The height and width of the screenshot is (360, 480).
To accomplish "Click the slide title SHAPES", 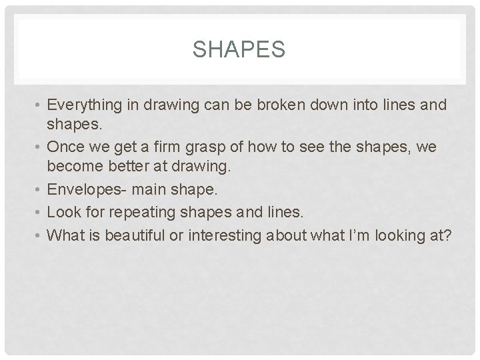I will pyautogui.click(x=238, y=49).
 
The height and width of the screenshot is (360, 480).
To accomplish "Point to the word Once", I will pyautogui.click(x=65, y=147).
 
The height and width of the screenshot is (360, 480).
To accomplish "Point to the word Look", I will pyautogui.click(x=65, y=212).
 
